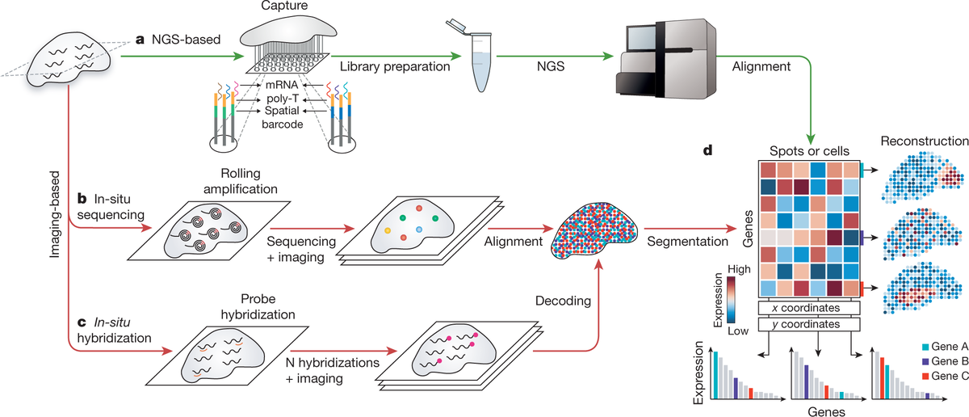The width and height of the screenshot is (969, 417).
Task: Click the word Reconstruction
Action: coord(924,140)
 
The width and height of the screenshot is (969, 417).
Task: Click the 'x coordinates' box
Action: coord(810,307)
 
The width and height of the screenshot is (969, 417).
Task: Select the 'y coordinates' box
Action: coord(810,325)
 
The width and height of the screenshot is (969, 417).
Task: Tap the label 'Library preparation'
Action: coord(395,66)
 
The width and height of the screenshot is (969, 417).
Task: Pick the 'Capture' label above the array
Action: coord(272,7)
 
